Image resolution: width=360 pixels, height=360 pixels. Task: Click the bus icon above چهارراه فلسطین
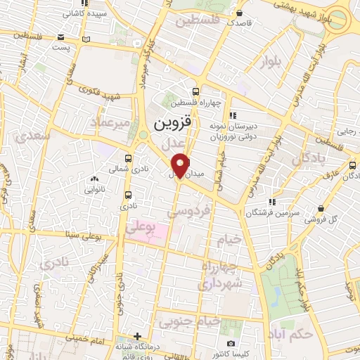pos(196,91)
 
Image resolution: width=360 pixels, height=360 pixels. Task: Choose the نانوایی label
pos(94,189)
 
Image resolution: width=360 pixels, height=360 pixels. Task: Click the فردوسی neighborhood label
pos(188,210)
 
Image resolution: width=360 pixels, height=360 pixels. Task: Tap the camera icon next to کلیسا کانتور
pos(231,343)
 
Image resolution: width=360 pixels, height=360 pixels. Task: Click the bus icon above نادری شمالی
pos(128,159)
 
